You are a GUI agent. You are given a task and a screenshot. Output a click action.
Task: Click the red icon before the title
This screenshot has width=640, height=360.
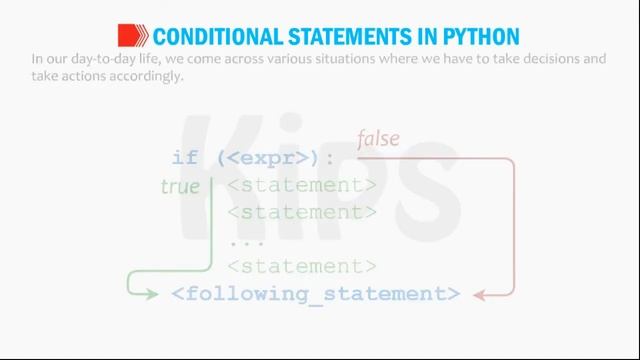pyautogui.click(x=134, y=36)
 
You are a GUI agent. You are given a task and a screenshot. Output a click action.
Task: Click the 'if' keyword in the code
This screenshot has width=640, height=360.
pyautogui.click(x=185, y=158)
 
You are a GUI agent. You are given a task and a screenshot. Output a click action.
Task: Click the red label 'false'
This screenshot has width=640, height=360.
pyautogui.click(x=378, y=138)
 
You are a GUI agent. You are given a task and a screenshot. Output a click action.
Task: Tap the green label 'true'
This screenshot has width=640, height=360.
pyautogui.click(x=180, y=186)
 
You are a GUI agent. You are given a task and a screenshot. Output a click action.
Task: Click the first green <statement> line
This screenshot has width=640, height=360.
pyautogui.click(x=302, y=185)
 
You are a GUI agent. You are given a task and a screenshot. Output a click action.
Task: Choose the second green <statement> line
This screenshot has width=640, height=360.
pyautogui.click(x=302, y=212)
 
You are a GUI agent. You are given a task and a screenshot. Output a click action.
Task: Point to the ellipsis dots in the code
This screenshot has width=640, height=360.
pyautogui.click(x=245, y=240)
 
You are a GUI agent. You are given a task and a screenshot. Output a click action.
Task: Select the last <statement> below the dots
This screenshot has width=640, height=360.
pyautogui.click(x=302, y=266)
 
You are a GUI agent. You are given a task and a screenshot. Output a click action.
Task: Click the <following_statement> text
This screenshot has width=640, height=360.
pyautogui.click(x=316, y=294)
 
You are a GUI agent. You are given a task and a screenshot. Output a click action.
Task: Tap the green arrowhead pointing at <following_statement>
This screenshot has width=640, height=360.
pyautogui.click(x=152, y=294)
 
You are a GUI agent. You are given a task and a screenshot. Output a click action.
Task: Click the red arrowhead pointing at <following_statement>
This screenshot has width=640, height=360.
pyautogui.click(x=479, y=294)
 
